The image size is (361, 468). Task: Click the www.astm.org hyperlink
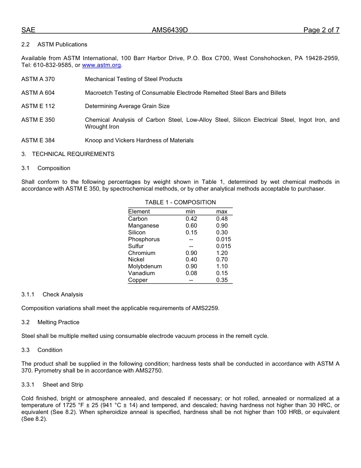[x=101, y=65]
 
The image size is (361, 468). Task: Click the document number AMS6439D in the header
[x=169, y=30]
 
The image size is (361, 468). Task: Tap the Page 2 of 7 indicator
[x=321, y=30]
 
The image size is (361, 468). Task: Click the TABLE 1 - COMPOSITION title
[x=180, y=202]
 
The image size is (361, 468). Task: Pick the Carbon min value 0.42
[x=191, y=219]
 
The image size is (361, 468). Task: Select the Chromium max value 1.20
[x=222, y=253]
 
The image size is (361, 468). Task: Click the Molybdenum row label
[x=145, y=266]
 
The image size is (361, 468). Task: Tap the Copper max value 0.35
[x=222, y=280]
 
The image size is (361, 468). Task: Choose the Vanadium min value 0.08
[x=191, y=273]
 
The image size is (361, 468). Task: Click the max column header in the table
[x=222, y=212]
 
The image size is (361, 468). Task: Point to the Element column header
[x=139, y=212]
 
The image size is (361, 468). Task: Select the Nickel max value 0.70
[x=222, y=259]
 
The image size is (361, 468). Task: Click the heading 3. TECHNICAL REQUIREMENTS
[x=68, y=154]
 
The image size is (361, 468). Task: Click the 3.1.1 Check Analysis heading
[x=52, y=294]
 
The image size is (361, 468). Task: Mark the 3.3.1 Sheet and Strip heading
[x=52, y=385]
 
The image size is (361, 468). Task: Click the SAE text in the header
[x=28, y=30]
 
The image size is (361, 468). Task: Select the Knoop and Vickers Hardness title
[x=139, y=140]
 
